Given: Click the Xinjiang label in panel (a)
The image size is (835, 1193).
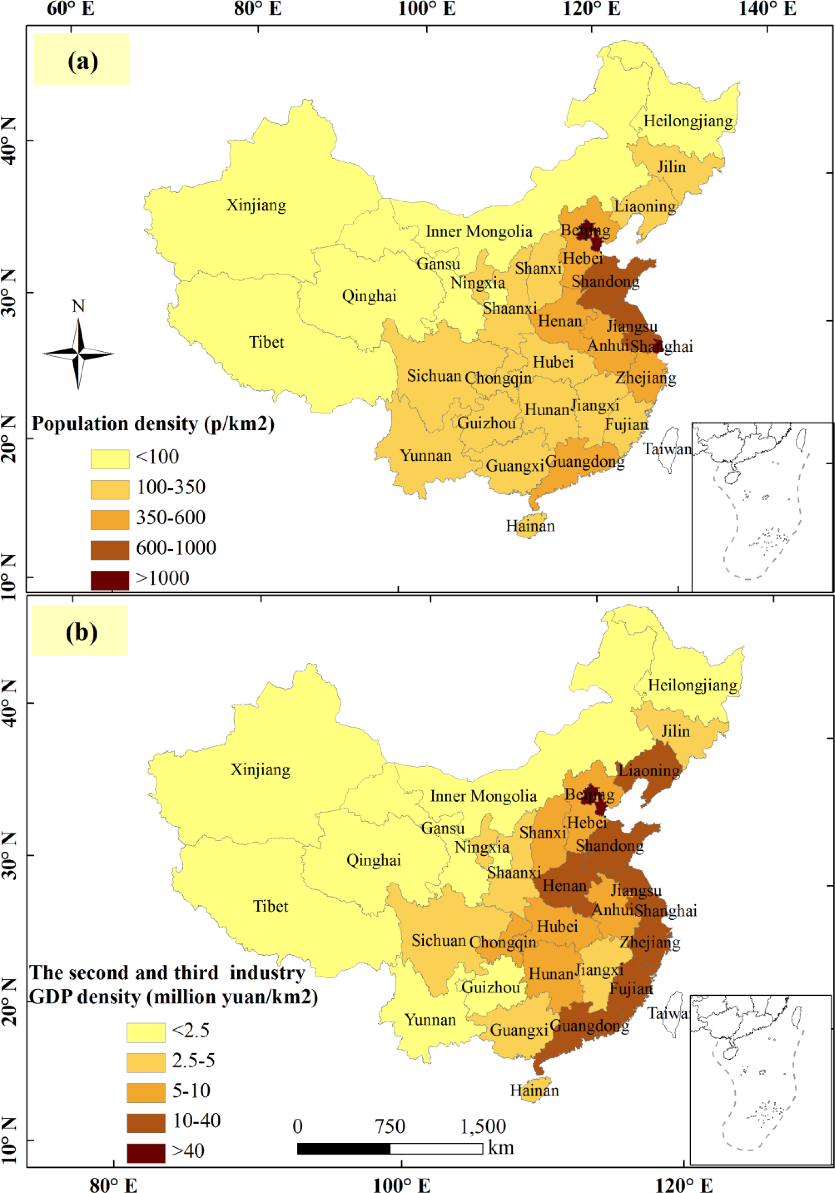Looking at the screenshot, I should tap(256, 205).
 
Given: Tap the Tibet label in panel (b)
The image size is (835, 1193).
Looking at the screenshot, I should tap(270, 906).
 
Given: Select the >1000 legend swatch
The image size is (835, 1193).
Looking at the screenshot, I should tap(110, 580).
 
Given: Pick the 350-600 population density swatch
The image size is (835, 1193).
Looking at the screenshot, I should tap(110, 519).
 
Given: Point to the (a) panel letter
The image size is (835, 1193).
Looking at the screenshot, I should tap(82, 61).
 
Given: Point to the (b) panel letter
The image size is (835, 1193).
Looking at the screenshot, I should tap(81, 632).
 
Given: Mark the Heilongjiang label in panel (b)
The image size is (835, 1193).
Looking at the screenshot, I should tap(692, 685).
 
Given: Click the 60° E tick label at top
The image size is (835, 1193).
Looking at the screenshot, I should tap(71, 9).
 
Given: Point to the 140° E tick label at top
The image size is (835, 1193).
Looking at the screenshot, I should tap(767, 9).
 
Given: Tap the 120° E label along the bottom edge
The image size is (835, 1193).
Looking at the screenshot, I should tap(684, 1185).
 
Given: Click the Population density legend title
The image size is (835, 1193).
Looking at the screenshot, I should tap(153, 424).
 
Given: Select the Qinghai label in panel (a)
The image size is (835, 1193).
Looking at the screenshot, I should tap(369, 296).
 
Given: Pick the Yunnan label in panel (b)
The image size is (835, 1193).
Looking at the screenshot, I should tap(430, 1020).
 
